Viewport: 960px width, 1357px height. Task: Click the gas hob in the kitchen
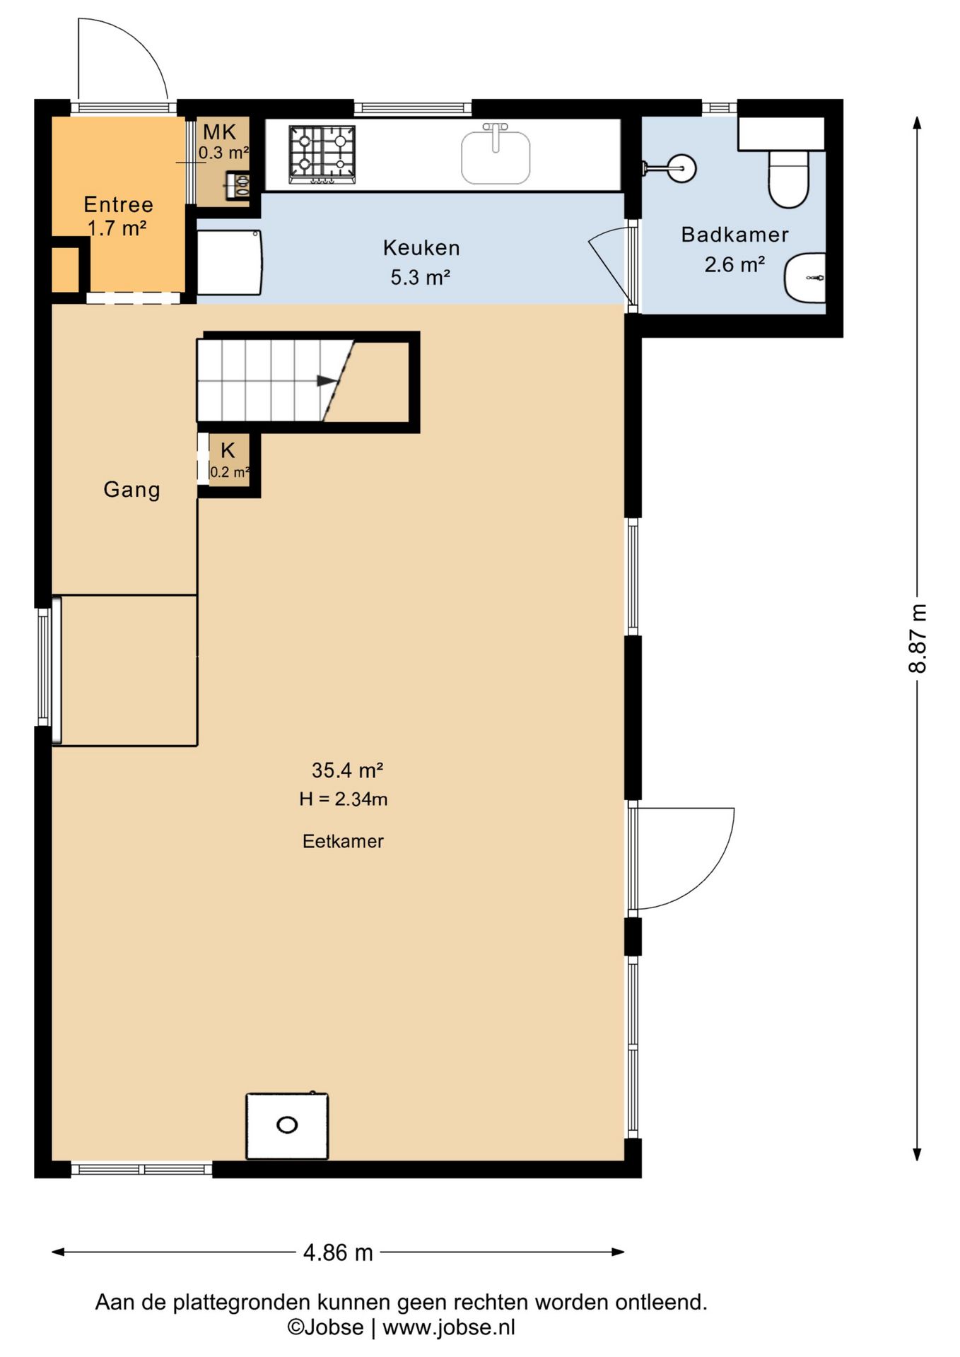click(322, 155)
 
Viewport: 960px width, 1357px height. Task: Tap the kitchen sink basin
click(496, 157)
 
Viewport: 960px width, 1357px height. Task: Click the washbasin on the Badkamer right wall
click(804, 278)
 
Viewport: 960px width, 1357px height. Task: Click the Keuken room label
click(421, 248)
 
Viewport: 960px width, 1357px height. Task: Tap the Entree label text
click(118, 204)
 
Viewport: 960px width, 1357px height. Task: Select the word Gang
click(131, 489)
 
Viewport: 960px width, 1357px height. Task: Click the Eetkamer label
click(343, 841)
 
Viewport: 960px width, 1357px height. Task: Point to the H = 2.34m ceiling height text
click(343, 799)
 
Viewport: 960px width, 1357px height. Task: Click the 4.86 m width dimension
click(338, 1253)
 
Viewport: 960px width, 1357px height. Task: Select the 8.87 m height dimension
click(917, 638)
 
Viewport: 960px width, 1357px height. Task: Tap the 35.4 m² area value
click(347, 770)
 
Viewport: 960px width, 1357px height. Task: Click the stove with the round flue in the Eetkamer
click(287, 1126)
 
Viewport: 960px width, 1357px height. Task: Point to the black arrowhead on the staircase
click(327, 381)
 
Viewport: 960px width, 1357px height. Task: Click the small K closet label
click(228, 450)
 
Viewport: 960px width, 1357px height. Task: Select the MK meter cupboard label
click(220, 132)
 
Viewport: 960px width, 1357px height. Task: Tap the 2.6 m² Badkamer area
click(734, 264)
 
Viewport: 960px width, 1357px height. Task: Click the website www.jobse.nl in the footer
click(449, 1327)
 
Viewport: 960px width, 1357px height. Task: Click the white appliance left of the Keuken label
click(229, 262)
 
